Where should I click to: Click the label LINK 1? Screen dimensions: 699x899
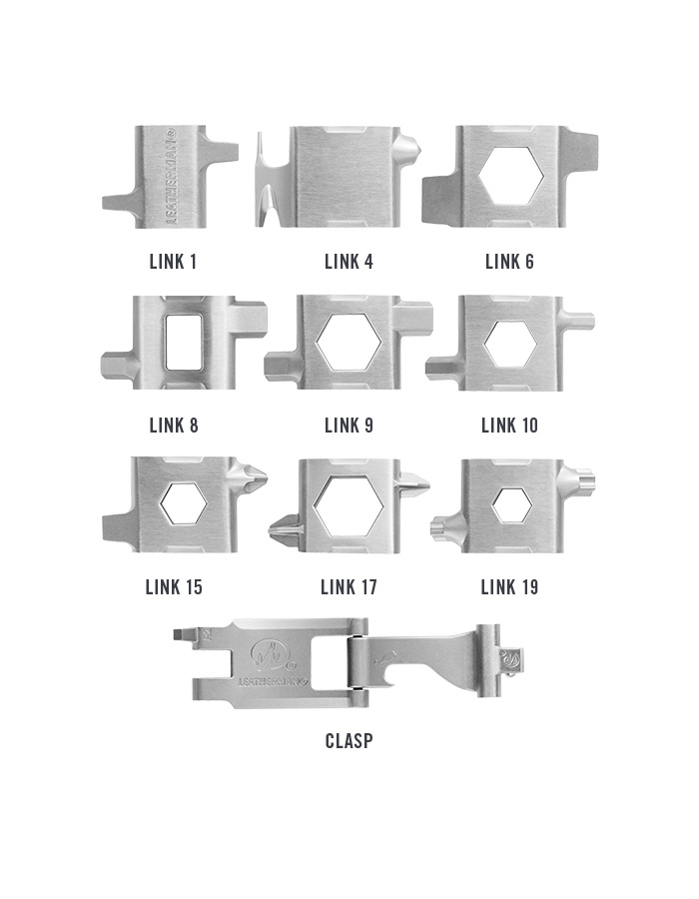click(173, 262)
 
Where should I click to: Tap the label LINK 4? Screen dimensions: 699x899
click(349, 262)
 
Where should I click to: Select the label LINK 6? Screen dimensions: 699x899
click(509, 262)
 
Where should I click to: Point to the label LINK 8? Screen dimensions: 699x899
click(174, 426)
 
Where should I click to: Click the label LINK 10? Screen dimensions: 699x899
click(510, 426)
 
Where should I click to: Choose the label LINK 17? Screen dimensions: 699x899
click(349, 587)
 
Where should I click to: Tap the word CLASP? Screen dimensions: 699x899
click(349, 741)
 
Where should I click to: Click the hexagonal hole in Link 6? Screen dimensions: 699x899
click(511, 176)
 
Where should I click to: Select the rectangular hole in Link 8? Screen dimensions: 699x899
click(181, 342)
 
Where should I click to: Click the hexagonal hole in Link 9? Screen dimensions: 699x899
click(349, 342)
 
